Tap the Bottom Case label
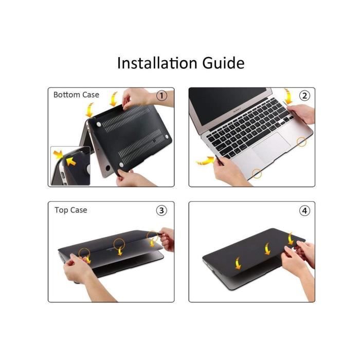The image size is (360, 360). click(76, 95)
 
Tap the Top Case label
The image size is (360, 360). click(71, 210)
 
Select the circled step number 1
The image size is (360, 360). click(161, 96)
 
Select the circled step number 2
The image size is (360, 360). click(304, 96)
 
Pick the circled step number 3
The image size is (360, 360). click(161, 210)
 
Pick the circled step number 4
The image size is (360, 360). click(304, 210)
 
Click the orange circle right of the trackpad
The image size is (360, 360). click(301, 142)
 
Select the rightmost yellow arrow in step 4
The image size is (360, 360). click(291, 238)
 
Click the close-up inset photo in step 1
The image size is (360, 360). click(70, 166)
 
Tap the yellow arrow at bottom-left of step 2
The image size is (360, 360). click(204, 161)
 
